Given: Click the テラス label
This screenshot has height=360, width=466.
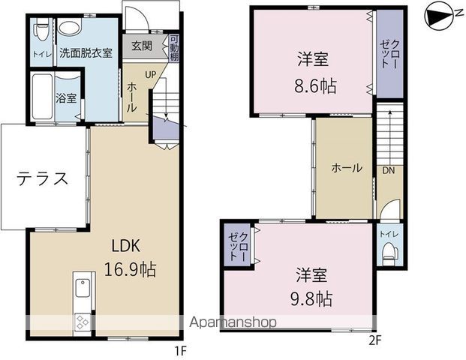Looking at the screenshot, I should pos(44,178).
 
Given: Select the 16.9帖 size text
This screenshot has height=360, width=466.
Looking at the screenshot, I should pos(129,270).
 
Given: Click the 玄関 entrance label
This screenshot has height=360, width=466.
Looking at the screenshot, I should pos(142,46).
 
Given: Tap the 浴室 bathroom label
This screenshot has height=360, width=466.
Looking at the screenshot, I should pos(66,98).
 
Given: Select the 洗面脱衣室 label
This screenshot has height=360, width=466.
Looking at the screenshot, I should pos(86,53).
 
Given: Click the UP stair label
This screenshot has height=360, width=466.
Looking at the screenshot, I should pos(150,75).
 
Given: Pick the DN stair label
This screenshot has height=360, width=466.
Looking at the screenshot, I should pos(389,170).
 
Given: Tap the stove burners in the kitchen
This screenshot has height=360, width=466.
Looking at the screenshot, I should pos(82,324).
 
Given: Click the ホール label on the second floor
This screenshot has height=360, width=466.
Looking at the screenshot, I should pos(347,168).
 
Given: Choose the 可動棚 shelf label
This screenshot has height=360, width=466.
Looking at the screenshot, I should pos(174,49).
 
